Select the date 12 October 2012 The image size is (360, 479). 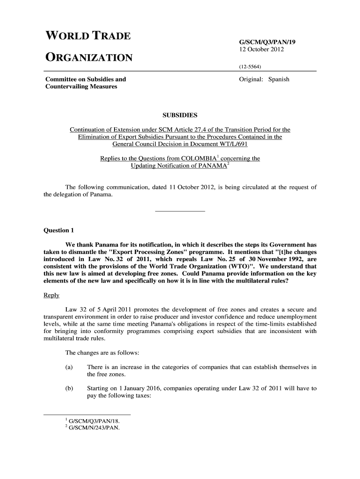(261, 50)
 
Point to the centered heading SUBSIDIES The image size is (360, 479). (180, 115)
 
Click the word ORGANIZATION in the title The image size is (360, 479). (89, 58)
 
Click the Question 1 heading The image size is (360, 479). (58, 231)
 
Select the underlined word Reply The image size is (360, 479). (51, 295)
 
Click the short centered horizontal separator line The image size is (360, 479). (180, 212)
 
